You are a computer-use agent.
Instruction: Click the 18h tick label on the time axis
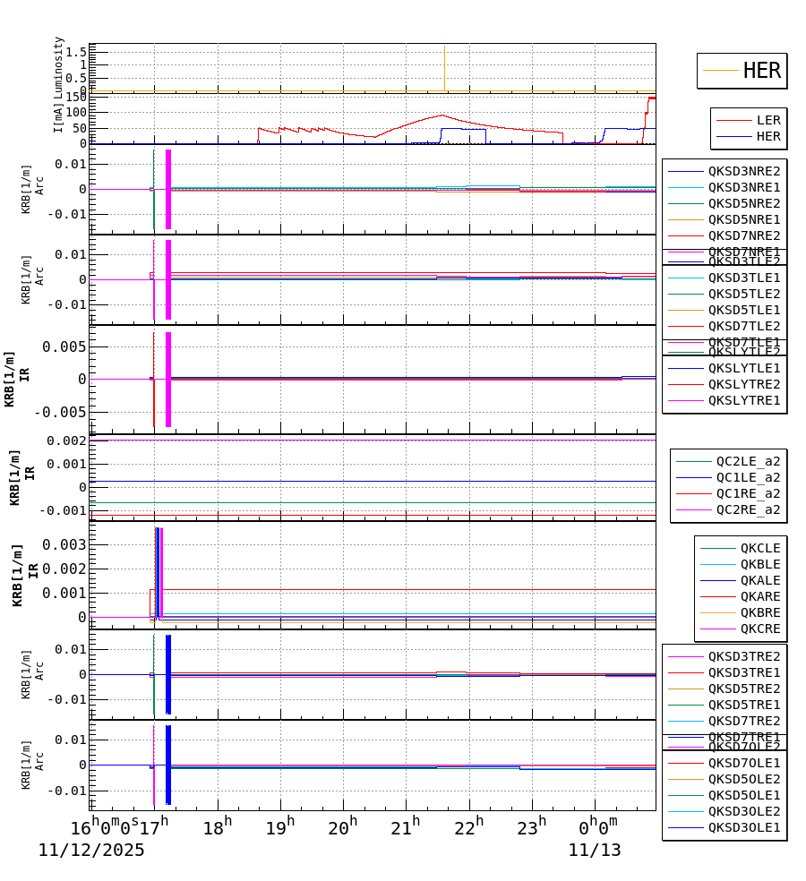pos(216,827)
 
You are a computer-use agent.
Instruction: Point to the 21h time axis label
pos(407,827)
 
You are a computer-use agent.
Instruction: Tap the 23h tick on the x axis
pos(533,827)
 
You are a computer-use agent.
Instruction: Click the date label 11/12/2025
pos(91,851)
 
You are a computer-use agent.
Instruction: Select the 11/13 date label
pos(595,851)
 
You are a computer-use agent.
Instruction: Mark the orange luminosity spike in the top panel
pos(444,67)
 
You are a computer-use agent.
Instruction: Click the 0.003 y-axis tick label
pos(68,545)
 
